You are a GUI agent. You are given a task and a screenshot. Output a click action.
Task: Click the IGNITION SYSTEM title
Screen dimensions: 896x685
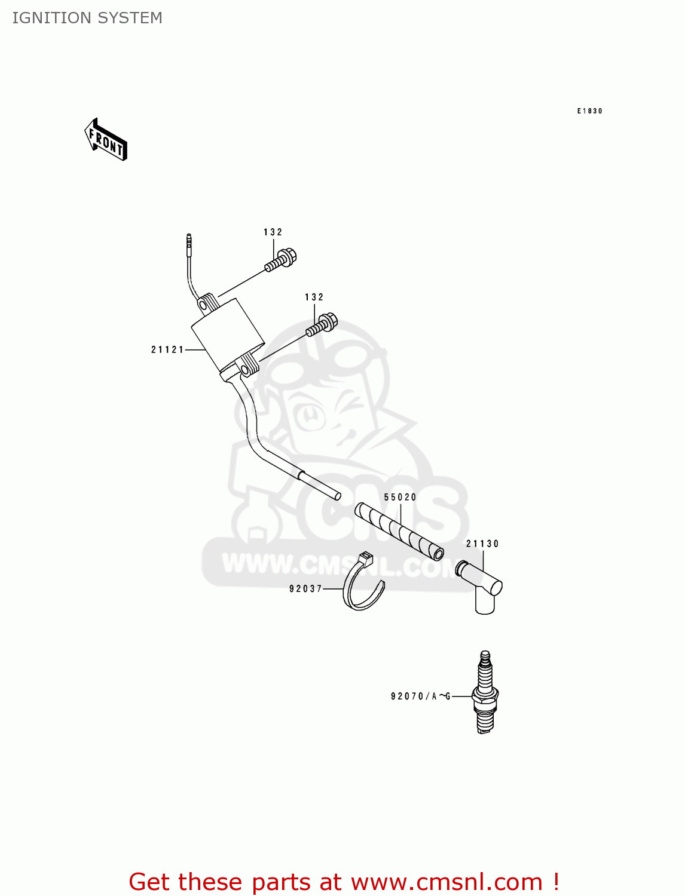pyautogui.click(x=87, y=18)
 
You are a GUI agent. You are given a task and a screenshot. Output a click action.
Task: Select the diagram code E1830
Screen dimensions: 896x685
pyautogui.click(x=589, y=111)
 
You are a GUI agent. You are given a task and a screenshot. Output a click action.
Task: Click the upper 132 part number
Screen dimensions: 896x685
pyautogui.click(x=273, y=232)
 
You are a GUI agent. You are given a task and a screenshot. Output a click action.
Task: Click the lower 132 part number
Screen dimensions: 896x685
pyautogui.click(x=314, y=297)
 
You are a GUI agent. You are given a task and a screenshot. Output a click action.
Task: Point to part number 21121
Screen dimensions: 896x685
pyautogui.click(x=167, y=349)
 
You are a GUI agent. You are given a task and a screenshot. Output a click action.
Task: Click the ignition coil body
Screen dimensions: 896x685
pyautogui.click(x=228, y=338)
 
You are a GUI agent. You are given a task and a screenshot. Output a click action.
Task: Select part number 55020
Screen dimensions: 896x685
pyautogui.click(x=400, y=497)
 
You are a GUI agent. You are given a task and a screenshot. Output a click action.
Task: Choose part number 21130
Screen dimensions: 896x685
pyautogui.click(x=482, y=544)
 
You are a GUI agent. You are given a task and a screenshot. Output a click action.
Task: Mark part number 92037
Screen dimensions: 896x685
pyautogui.click(x=305, y=588)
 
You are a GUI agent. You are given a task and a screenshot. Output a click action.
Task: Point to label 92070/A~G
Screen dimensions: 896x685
pyautogui.click(x=420, y=696)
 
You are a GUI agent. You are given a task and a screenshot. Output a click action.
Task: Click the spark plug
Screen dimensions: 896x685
pyautogui.click(x=485, y=693)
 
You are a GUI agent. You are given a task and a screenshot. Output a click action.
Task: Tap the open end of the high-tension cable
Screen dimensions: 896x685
pyautogui.click(x=337, y=495)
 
